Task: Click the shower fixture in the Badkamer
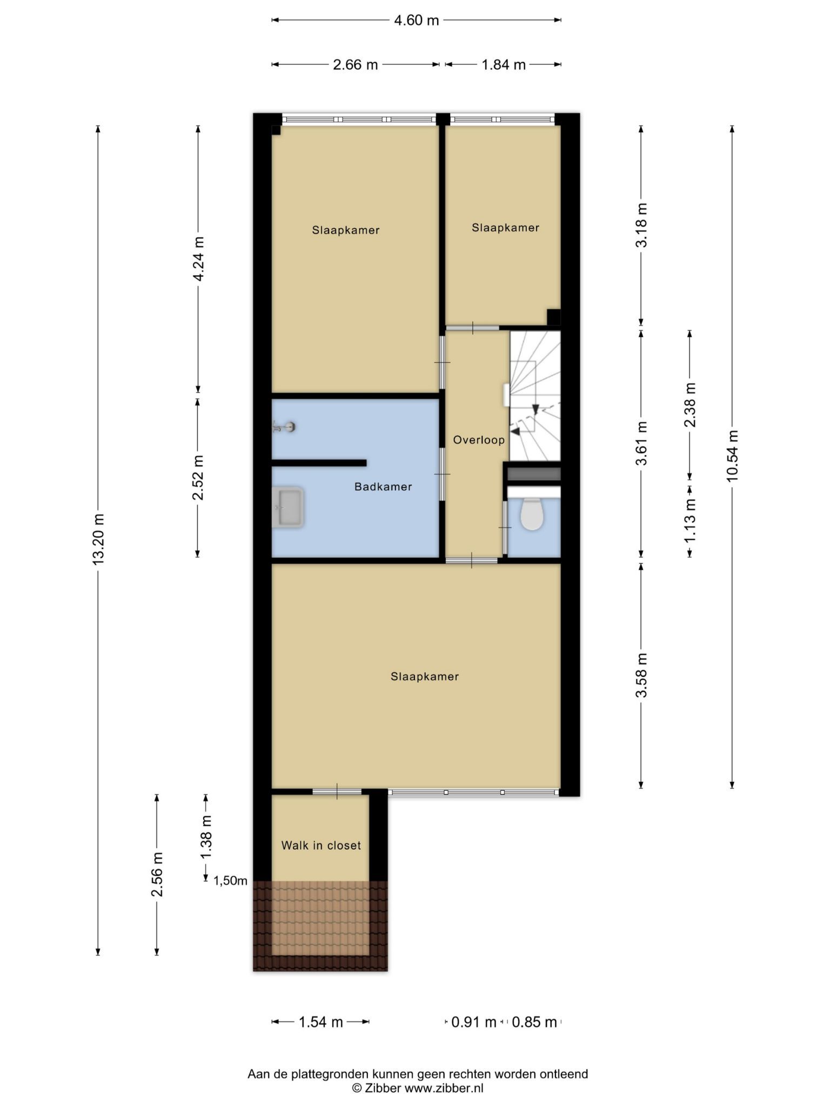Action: coord(284,428)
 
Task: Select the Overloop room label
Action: coord(479,440)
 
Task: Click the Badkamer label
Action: coord(383,486)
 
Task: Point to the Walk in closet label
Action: coord(321,845)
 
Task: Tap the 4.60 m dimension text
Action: coord(416,21)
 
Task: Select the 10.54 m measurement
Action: coord(732,456)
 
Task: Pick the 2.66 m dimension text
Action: coord(355,65)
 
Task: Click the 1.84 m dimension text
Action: coord(504,65)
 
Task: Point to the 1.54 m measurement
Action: coord(321,1022)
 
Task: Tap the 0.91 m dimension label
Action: coord(474,1022)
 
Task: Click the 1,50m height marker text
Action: coord(230,881)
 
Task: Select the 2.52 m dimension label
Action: coord(198,478)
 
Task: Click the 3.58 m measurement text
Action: coord(641,676)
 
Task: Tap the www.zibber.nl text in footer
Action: coord(444,1088)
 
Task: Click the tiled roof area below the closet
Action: coord(320,926)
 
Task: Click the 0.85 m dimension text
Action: coord(534,1022)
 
